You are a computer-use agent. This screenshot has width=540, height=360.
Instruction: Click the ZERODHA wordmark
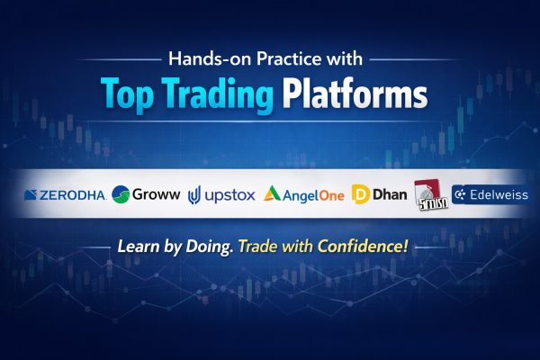click(x=72, y=193)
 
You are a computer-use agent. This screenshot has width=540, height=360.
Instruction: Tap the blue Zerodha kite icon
click(x=30, y=193)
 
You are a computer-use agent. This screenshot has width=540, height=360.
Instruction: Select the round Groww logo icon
click(x=121, y=193)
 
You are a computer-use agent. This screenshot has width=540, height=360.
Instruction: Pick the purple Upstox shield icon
click(x=194, y=193)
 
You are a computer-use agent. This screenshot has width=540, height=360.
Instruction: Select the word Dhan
click(x=391, y=193)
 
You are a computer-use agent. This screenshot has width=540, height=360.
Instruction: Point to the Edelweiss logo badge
click(x=491, y=194)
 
